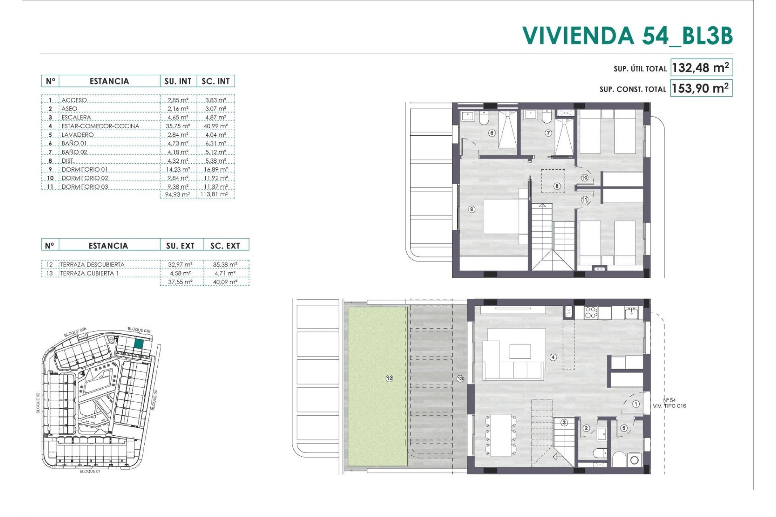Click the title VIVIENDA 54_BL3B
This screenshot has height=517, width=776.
tap(627, 36)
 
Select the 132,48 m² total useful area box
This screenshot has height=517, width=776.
tap(701, 68)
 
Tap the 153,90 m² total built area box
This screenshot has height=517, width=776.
tap(701, 88)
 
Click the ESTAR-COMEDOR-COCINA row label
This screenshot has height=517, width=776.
tap(100, 126)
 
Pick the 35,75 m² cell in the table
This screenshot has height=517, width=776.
tap(178, 126)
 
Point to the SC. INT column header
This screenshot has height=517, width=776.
tap(215, 81)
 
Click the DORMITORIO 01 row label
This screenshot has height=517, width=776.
tap(84, 170)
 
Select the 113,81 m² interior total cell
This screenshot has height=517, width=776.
tap(214, 194)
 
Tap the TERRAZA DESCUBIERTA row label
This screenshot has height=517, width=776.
tap(92, 265)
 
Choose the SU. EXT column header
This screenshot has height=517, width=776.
tap(180, 246)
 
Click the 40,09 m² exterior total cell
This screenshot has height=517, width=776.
tap(225, 282)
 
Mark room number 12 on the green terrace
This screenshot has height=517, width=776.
tap(389, 378)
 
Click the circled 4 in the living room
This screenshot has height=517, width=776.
tap(553, 357)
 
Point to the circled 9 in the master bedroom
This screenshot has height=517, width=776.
tap(471, 209)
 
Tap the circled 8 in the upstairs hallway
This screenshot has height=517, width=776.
tap(557, 186)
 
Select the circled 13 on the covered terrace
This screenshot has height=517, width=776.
tap(460, 378)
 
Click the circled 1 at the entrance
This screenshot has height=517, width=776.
tap(636, 404)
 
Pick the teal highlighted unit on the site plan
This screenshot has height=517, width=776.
tap(139, 344)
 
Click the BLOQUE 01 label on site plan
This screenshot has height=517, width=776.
tap(90, 471)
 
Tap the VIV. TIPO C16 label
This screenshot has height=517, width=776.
tap(669, 406)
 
